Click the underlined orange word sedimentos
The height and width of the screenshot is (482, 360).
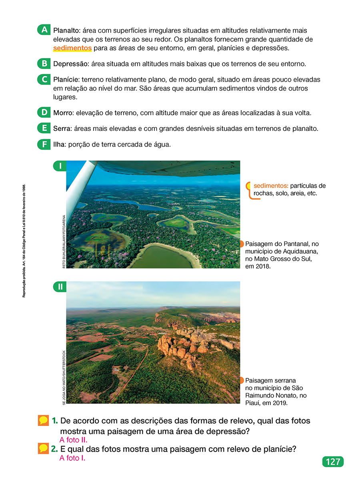(x=72, y=48)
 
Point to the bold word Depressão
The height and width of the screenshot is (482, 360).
(x=70, y=64)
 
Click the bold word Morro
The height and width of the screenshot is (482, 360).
(x=62, y=113)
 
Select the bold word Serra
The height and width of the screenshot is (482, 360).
(x=61, y=129)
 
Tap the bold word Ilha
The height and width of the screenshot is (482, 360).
(x=58, y=145)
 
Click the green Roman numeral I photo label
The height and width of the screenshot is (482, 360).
(x=60, y=166)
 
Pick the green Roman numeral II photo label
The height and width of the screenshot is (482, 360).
(x=60, y=287)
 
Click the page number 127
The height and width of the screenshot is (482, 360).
(x=333, y=462)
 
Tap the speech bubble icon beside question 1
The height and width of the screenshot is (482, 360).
(x=43, y=421)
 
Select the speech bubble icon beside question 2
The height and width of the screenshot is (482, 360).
(x=43, y=449)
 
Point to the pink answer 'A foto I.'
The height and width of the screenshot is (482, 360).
(x=72, y=458)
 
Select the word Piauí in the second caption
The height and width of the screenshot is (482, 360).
(x=253, y=403)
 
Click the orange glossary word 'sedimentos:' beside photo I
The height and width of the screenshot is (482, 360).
(x=271, y=186)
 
